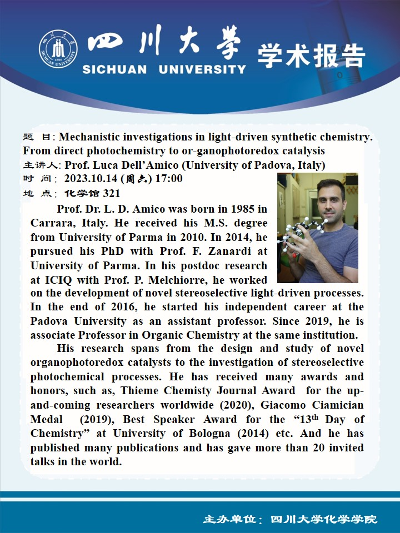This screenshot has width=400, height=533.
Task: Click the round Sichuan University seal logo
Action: pos(58,49)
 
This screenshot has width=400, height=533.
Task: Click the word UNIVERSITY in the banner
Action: pos(202,69)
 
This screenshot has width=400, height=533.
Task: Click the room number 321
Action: pos(111,194)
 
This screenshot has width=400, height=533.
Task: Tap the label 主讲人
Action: pos(42,165)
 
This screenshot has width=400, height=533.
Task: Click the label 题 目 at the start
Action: pos(39,137)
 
